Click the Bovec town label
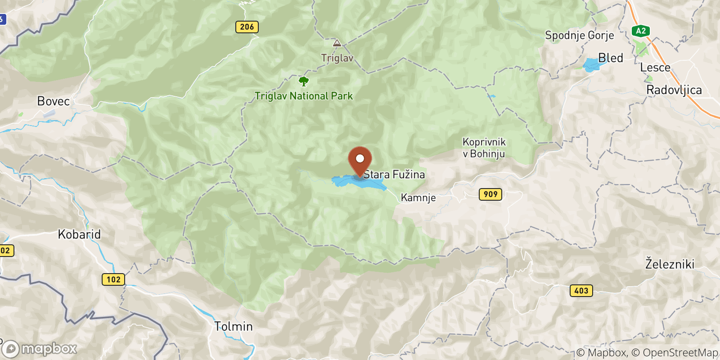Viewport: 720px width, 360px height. tap(54, 101)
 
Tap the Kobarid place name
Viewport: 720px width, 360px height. tap(79, 234)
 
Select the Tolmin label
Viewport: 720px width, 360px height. tap(234, 326)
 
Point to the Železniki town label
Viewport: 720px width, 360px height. tap(670, 264)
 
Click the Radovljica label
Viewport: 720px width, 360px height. tap(674, 90)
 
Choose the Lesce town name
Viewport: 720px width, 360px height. tap(655, 67)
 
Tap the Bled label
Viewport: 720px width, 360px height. tap(611, 58)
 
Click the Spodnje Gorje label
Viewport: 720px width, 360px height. tap(579, 36)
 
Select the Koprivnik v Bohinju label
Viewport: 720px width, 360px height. tap(484, 148)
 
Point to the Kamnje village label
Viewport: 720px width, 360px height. tap(418, 198)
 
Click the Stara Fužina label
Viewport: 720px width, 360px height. tap(394, 175)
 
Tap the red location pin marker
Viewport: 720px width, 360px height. tap(360, 160)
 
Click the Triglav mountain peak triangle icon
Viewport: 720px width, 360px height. tap(337, 43)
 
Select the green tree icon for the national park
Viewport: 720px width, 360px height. tap(304, 81)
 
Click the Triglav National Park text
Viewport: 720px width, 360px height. tap(304, 96)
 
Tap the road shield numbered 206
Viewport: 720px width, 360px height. tap(247, 27)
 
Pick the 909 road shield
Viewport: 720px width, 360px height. tap(490, 194)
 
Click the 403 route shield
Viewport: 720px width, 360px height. tap(581, 291)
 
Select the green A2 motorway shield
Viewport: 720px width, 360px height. tap(641, 31)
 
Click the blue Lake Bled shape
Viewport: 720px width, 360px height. tap(591, 65)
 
